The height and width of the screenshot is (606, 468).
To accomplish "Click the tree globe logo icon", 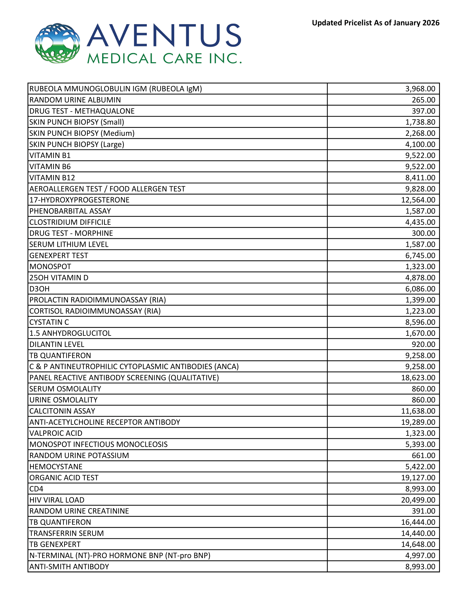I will click(x=58, y=43).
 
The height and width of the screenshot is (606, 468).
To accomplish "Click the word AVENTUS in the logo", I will click(x=164, y=35).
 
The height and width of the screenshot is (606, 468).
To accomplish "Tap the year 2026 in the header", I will click(x=431, y=23).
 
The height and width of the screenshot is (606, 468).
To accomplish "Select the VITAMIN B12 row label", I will click(x=52, y=178).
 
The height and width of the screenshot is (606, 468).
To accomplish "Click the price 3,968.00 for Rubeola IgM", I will click(x=420, y=89).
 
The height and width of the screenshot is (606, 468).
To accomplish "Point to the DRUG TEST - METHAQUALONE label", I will click(x=82, y=111).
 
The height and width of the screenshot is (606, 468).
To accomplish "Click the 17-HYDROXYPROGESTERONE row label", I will click(x=79, y=200).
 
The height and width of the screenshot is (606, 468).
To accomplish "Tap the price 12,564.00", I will click(x=418, y=200).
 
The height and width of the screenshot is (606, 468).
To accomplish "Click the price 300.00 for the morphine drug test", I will click(x=423, y=233).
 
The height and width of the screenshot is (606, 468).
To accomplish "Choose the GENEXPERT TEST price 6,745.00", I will click(x=420, y=255).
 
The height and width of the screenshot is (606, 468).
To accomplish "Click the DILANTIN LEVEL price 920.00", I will click(x=423, y=344).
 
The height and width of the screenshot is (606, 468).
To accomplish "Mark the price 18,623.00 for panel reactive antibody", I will click(x=418, y=378).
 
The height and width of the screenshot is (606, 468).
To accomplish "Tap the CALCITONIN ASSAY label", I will click(x=62, y=411).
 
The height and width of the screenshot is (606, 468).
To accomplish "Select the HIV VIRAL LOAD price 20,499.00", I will click(x=418, y=500).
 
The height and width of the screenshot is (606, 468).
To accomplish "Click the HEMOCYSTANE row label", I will click(x=56, y=466).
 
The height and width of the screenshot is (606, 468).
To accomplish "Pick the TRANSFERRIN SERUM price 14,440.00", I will click(x=418, y=533).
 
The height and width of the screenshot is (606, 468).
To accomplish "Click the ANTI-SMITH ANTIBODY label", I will click(x=69, y=566).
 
